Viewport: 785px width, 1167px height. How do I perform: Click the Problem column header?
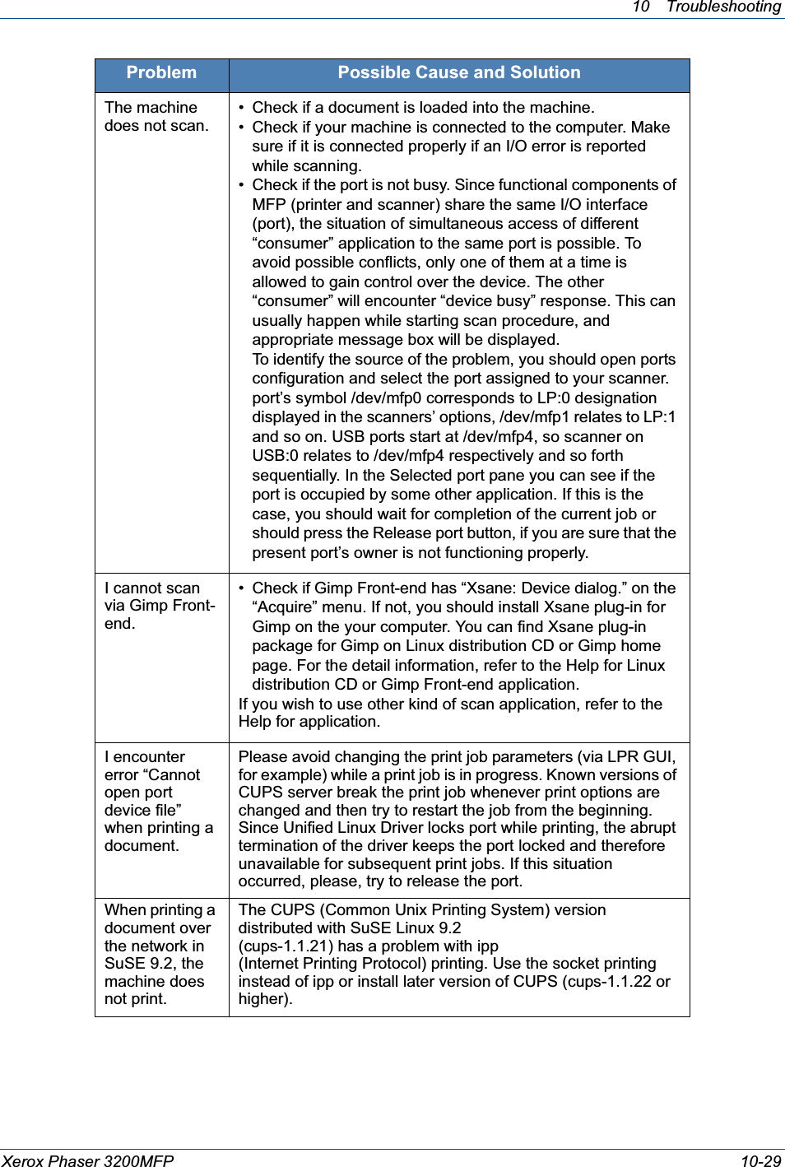161,73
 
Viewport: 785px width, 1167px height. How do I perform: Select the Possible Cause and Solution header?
458,73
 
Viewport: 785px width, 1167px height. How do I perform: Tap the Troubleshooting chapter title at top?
723,7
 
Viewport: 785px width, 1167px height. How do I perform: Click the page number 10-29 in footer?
760,1160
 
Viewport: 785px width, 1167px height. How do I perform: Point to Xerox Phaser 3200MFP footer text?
88,1160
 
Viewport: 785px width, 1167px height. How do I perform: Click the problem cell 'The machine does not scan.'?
156,117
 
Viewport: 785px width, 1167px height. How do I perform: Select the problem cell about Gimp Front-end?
160,606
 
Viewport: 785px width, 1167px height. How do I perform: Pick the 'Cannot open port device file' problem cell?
158,801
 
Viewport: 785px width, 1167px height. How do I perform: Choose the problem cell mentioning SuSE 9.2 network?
160,954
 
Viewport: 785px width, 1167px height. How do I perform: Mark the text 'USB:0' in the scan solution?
275,456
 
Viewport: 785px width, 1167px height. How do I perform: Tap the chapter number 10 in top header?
641,7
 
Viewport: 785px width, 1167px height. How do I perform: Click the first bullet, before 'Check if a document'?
241,108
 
